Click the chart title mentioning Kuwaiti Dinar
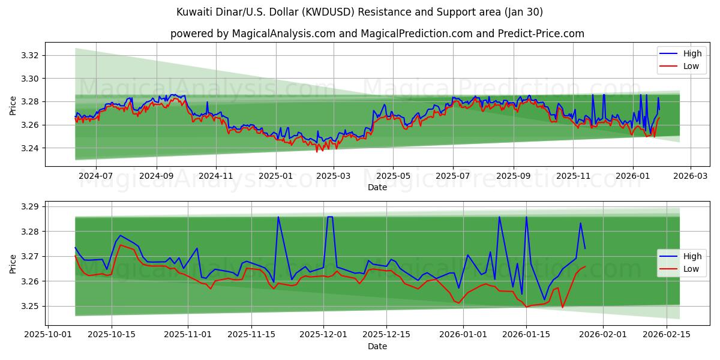(x=360, y=12)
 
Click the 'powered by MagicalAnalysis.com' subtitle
(x=377, y=34)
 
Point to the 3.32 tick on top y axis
(x=31, y=56)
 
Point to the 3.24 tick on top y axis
(x=31, y=148)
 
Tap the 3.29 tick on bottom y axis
(x=31, y=207)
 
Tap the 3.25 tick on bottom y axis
(x=31, y=306)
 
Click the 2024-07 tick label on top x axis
(x=96, y=176)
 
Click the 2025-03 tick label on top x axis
(x=334, y=176)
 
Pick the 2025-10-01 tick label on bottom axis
(x=49, y=335)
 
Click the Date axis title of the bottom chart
(x=377, y=346)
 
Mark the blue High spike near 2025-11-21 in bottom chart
(x=278, y=217)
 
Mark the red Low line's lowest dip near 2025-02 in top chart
(x=317, y=151)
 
